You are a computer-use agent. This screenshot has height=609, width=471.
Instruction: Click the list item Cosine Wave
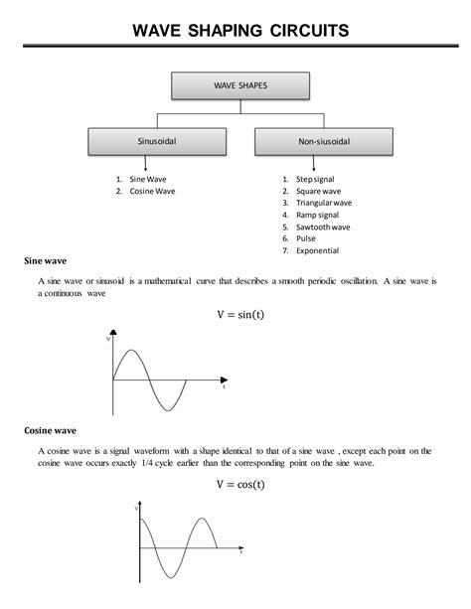[151, 190]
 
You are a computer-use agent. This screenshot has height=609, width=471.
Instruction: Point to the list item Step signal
[317, 178]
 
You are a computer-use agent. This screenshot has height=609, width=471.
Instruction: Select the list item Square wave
[318, 190]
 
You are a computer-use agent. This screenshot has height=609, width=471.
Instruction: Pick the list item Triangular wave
[323, 203]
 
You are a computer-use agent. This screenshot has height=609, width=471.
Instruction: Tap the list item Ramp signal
[317, 215]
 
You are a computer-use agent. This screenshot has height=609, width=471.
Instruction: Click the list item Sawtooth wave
[322, 227]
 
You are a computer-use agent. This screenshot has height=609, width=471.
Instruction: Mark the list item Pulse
[305, 238]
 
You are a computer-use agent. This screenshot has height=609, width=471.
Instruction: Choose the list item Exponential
[317, 250]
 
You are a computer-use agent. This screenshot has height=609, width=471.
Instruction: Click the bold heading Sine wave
[45, 262]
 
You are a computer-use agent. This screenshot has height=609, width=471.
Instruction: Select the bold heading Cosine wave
[50, 431]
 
